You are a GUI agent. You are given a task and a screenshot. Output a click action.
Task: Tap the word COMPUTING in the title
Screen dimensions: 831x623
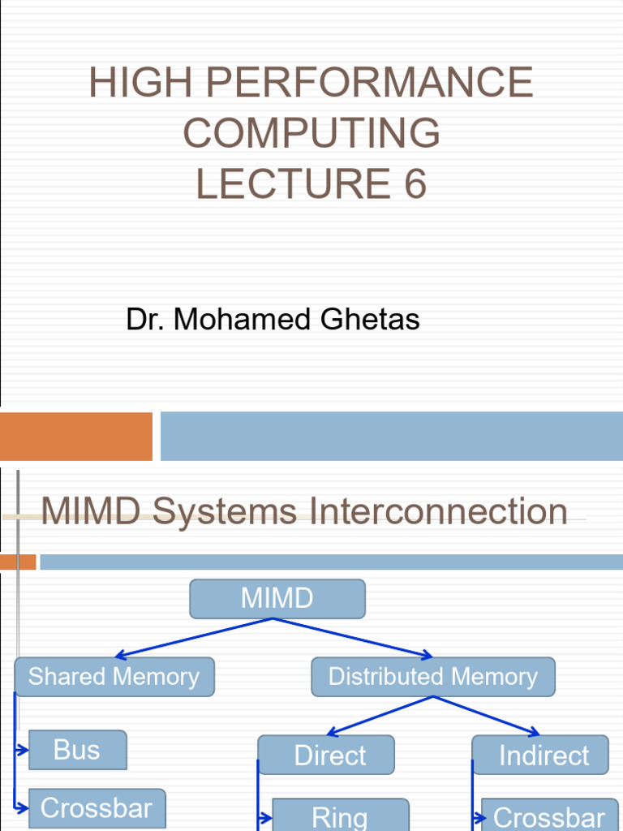pos(311,133)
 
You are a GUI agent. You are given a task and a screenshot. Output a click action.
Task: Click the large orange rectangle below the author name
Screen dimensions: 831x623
pos(75,436)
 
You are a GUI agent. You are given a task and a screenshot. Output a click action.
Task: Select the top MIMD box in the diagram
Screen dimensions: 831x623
pos(277,599)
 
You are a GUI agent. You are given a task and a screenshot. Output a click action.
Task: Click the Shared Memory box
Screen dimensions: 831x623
pos(114,677)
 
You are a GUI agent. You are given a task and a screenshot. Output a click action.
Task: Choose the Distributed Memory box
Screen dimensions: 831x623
pos(432,677)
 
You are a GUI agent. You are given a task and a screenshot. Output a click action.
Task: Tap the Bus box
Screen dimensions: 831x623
pos(77,750)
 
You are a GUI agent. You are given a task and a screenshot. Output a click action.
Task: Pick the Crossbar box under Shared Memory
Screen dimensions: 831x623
pos(97,808)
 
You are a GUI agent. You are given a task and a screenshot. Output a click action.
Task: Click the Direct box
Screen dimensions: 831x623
pos(326,756)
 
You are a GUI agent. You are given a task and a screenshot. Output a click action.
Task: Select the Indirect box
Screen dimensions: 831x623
pos(540,756)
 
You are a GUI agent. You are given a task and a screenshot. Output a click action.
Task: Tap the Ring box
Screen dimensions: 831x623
pos(340,816)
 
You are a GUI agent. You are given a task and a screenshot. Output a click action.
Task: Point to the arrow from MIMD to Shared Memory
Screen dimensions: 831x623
pos(195,637)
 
